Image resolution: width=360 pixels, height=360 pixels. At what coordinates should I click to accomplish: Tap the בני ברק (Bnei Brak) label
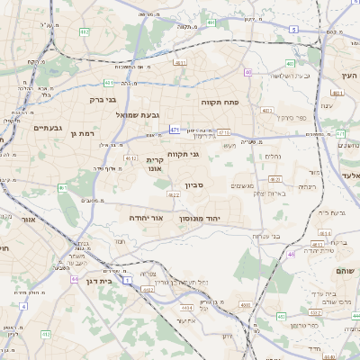[x=111, y=101]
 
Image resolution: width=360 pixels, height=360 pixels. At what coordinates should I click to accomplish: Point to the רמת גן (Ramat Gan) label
[x=81, y=133]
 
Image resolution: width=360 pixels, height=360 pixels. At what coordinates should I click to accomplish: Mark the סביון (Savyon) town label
[x=195, y=185]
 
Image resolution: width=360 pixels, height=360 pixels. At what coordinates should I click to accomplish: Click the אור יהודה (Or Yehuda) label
[x=170, y=217]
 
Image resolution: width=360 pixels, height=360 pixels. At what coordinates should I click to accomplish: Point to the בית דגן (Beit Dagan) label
[x=103, y=281]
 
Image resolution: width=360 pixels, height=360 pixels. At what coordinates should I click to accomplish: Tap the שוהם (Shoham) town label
[x=345, y=270]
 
